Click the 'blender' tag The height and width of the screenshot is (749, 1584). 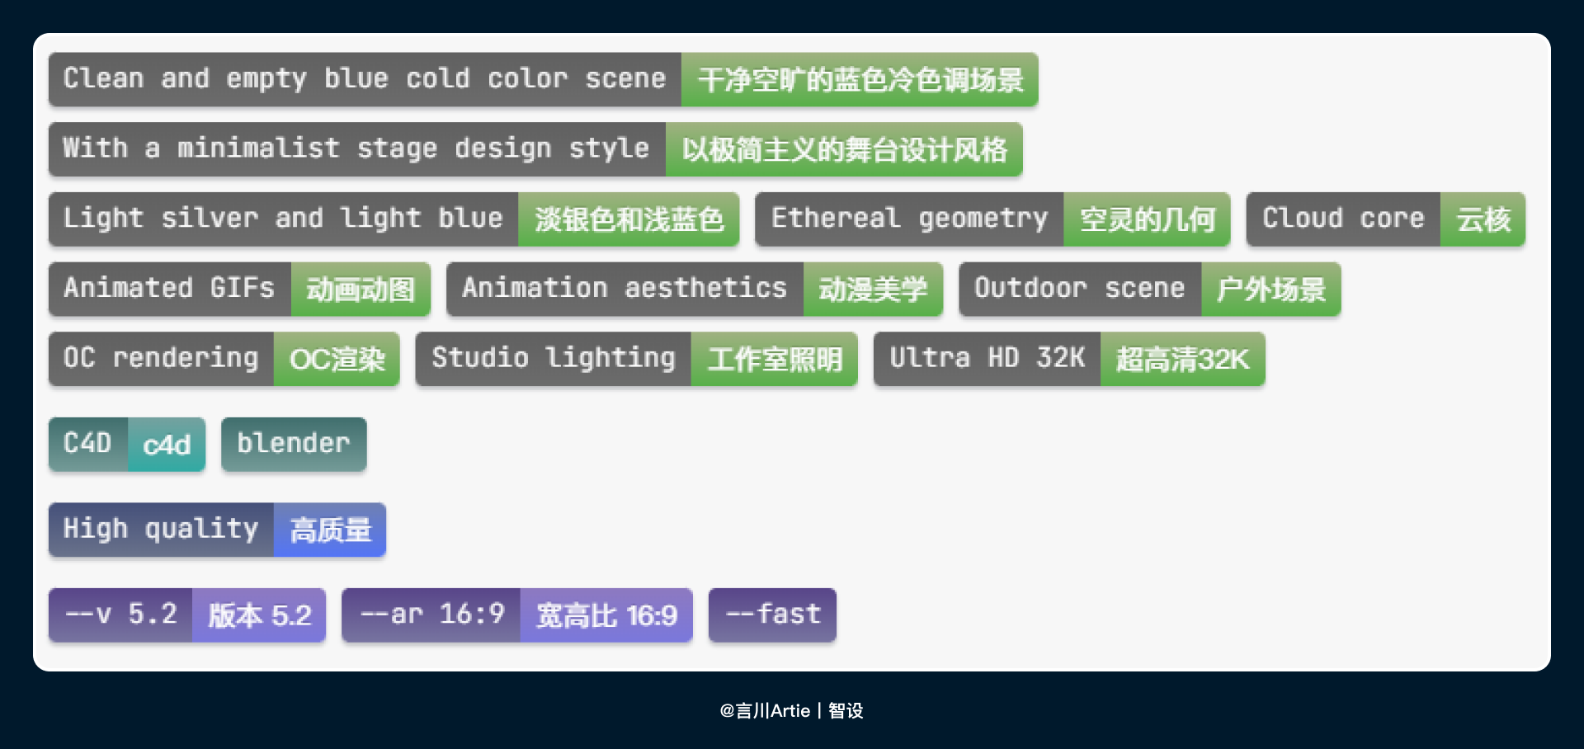point(294,444)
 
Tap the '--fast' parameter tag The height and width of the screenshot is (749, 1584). point(772,615)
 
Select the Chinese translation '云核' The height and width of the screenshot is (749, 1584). point(1483,219)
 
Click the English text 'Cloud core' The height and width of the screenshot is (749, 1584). point(1343,219)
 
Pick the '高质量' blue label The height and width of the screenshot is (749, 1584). point(330,530)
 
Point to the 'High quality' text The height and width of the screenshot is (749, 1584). point(161,530)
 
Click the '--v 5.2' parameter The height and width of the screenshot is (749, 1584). point(120,615)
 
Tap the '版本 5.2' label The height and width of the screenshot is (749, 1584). point(259,615)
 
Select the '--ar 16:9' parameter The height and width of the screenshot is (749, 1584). point(431,615)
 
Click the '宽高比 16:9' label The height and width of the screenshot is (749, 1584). point(606,615)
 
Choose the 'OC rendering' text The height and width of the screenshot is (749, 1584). point(161,359)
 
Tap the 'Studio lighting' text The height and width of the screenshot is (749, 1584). point(554,359)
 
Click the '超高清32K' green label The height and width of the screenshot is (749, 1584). point(1182,359)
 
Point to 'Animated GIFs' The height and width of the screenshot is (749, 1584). point(169,289)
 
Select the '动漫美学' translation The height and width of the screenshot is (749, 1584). point(873,289)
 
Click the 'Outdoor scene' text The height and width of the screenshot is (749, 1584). point(1079,289)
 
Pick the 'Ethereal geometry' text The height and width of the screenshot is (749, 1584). point(909,219)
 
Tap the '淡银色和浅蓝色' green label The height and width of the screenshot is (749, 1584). point(629,219)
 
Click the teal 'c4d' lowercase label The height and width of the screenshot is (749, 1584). point(167,445)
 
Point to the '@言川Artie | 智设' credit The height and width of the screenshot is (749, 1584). point(791,710)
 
